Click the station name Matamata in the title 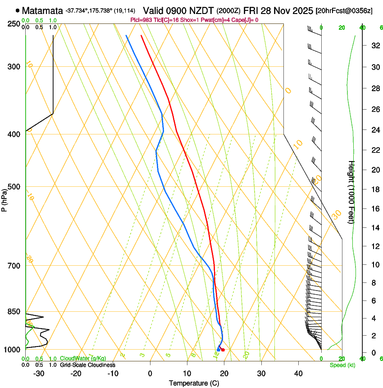(42, 10)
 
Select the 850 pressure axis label (14, 312)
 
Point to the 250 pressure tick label (14, 24)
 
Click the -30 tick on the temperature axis (39, 374)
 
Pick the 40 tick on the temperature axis (298, 374)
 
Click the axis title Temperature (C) (194, 383)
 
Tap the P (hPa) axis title (4, 199)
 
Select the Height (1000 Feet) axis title (352, 192)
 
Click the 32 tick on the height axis (374, 45)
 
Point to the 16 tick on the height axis (374, 209)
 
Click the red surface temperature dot (223, 350)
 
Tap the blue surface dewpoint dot (218, 350)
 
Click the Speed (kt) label (340, 365)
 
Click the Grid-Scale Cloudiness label (83, 365)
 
